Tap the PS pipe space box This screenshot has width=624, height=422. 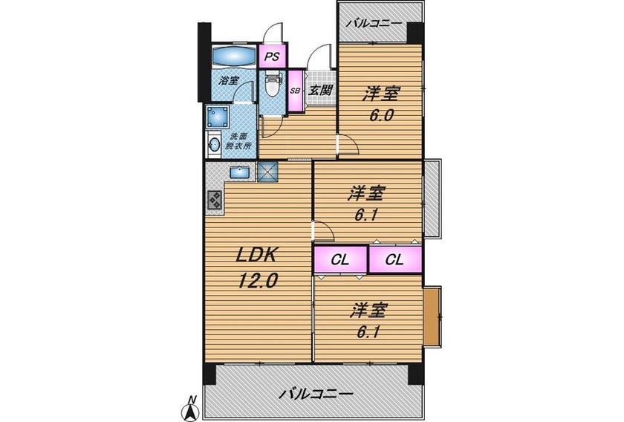point(272,56)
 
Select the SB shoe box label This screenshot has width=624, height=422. point(295,91)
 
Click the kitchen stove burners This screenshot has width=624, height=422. point(215,200)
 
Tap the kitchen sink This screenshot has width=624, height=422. point(239,172)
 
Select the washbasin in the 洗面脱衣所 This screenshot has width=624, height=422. point(215,145)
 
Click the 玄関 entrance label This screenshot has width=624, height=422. point(321,90)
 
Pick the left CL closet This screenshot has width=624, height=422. point(340,259)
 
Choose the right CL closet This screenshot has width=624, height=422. point(395,259)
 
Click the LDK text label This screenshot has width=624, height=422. point(256,255)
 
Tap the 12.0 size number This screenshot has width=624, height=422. point(258,282)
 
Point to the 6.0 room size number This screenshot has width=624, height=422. point(381,115)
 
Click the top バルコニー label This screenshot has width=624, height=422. point(374,24)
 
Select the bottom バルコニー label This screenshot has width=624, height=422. point(316,395)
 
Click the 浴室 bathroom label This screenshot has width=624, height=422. point(229,80)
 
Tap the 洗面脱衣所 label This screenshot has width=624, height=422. point(238,141)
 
